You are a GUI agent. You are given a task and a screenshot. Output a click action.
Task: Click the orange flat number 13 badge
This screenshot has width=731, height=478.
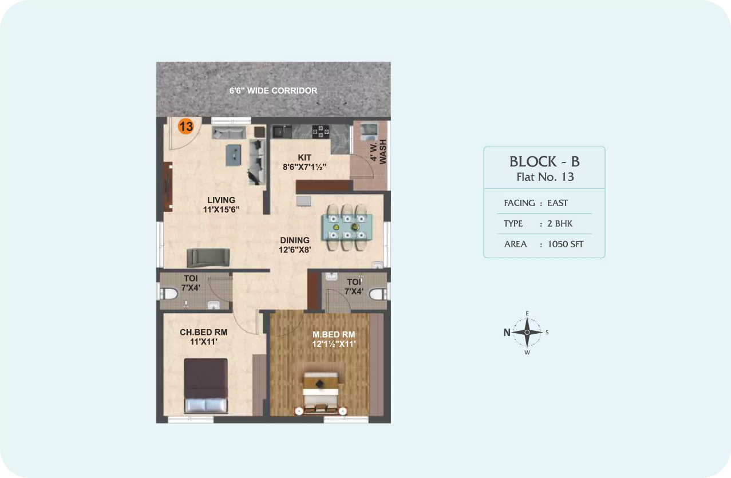185,127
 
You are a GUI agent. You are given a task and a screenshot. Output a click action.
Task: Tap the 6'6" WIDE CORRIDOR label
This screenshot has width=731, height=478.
273,90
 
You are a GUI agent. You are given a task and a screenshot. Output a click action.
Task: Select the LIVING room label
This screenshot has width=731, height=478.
222,200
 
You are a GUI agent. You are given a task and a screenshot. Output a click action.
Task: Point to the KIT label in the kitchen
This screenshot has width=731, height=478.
305,157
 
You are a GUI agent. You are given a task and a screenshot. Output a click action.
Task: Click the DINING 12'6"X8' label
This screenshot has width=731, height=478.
295,245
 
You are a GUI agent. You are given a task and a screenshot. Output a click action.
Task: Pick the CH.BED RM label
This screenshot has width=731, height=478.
204,332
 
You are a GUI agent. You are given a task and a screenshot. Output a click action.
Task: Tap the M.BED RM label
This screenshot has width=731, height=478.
334,334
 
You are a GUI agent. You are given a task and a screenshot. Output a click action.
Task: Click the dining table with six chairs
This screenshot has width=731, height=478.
347,227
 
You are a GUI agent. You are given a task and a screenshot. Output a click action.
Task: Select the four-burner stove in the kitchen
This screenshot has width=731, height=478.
321,131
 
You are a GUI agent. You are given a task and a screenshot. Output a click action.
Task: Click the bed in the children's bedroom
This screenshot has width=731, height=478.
206,386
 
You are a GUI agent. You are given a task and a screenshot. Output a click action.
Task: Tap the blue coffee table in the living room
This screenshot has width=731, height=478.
234,155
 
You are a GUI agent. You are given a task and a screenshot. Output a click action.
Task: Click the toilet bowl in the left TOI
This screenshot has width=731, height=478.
169,294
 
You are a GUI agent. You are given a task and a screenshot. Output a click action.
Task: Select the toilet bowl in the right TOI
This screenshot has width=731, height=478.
378,294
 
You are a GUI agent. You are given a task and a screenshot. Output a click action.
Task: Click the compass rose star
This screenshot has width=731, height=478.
527,333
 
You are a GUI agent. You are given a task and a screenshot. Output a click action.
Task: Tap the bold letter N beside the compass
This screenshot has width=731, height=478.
507,333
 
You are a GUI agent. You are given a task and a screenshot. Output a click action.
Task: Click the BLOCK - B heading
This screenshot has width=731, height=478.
544,161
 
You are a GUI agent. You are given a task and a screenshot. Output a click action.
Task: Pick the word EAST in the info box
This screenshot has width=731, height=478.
558,203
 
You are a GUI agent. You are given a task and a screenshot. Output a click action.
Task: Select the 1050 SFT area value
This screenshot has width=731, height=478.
565,244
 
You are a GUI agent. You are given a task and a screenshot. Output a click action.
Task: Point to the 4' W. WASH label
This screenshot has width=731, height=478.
378,151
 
